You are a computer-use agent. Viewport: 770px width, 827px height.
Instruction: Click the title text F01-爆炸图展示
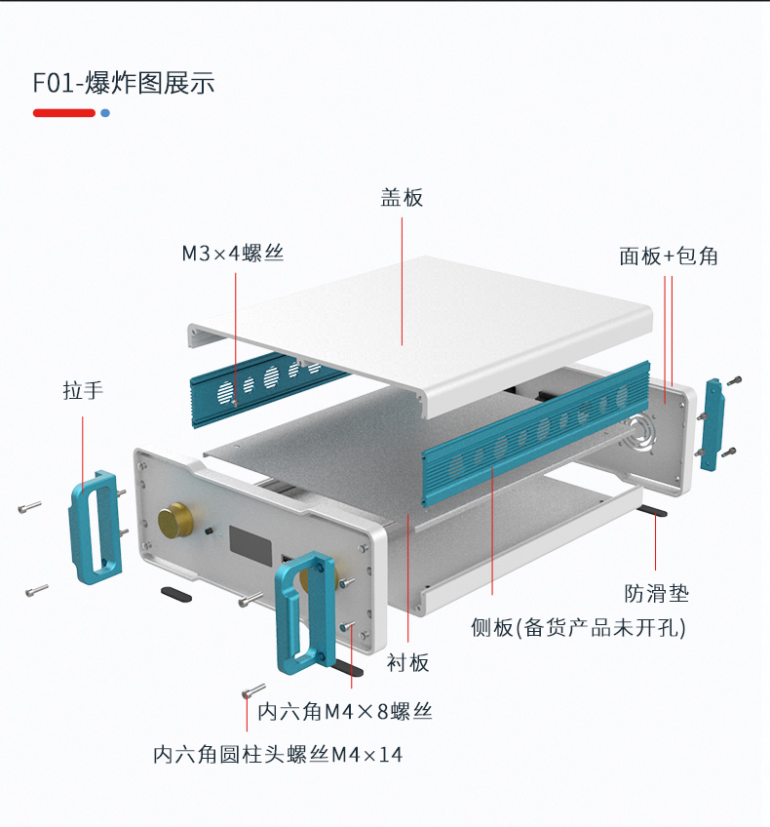point(124,83)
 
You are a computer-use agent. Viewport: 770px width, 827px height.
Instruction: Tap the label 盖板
point(402,198)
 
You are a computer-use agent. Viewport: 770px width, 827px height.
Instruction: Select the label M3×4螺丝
point(233,254)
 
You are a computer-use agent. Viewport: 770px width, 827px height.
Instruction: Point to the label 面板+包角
point(669,256)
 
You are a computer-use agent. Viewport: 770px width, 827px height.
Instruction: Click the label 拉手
point(83,391)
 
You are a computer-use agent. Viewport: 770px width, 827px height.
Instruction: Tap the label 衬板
point(407,663)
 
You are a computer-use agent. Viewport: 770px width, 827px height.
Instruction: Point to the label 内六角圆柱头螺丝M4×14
point(278,755)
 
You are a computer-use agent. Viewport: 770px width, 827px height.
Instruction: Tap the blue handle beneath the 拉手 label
point(94,527)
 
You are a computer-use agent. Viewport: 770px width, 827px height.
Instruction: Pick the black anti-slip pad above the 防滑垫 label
point(654,511)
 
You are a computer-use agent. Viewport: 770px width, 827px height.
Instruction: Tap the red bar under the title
point(64,113)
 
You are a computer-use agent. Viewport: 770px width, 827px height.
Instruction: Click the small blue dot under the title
point(105,113)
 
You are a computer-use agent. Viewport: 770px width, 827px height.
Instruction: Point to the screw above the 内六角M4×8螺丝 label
point(254,691)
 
